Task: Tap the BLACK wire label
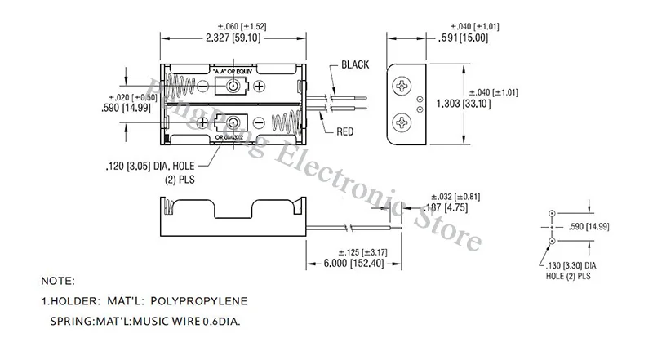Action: [356, 64]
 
